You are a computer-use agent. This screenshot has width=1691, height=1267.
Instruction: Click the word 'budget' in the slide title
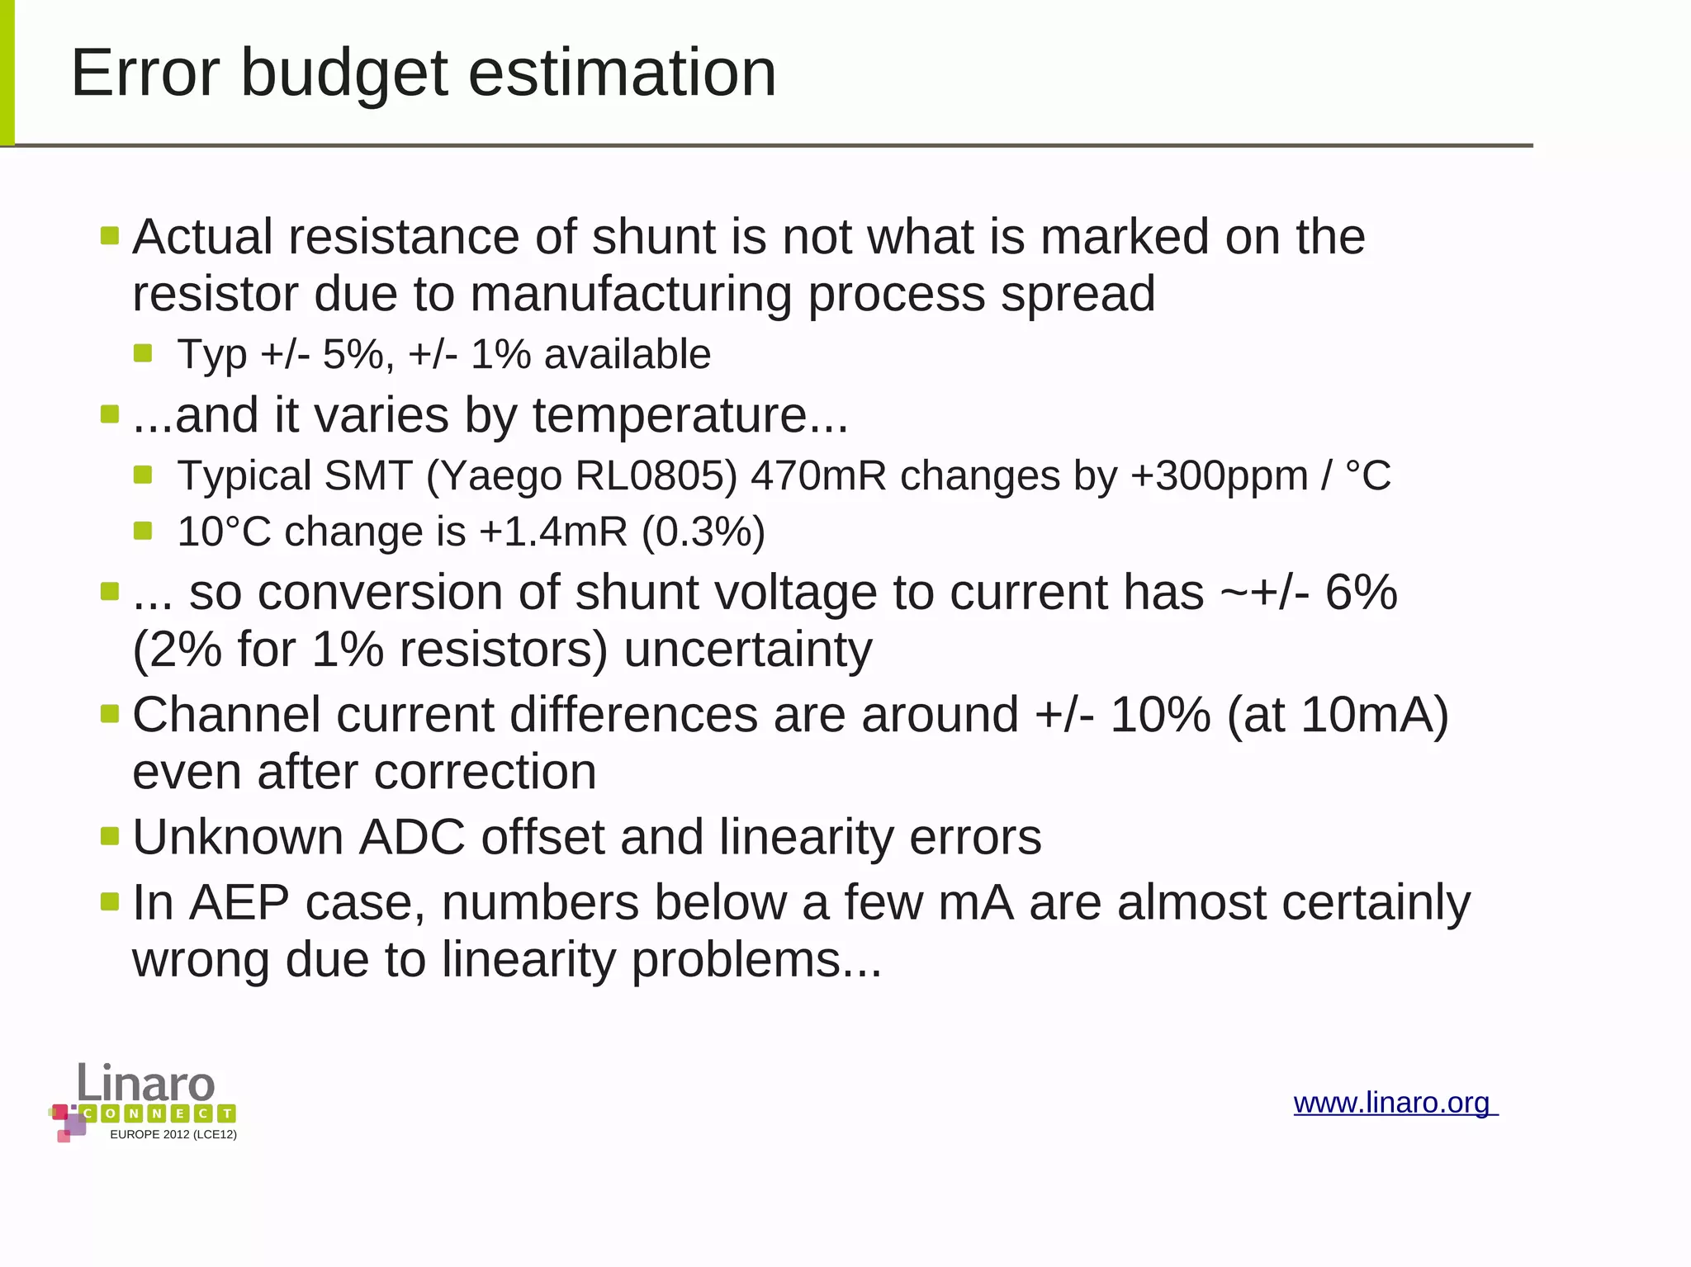pyautogui.click(x=345, y=74)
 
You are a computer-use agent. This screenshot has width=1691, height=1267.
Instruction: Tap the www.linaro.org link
pyautogui.click(x=1394, y=1103)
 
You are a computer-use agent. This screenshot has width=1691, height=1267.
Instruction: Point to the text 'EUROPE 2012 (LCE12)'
pyautogui.click(x=173, y=1135)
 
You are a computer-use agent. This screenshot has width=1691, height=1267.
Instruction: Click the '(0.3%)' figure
pyautogui.click(x=703, y=532)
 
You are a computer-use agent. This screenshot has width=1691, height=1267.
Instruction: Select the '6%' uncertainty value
pyautogui.click(x=1361, y=593)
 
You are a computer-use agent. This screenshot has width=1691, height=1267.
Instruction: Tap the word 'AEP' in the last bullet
pyautogui.click(x=239, y=902)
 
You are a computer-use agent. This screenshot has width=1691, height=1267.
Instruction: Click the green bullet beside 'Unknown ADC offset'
pyautogui.click(x=110, y=836)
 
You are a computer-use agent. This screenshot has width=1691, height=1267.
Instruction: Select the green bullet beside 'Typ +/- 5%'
pyautogui.click(x=143, y=354)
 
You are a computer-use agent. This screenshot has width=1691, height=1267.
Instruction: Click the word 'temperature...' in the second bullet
pyautogui.click(x=690, y=415)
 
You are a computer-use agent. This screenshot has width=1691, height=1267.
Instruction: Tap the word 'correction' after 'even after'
pyautogui.click(x=485, y=773)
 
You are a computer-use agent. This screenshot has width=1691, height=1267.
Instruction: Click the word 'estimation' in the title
pyautogui.click(x=623, y=74)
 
